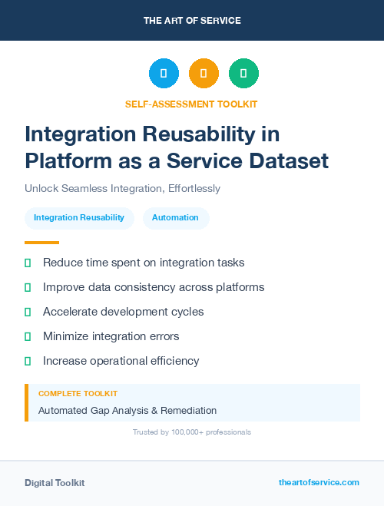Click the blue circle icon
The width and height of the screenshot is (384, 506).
coord(164,73)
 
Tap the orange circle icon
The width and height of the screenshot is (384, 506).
coord(204,73)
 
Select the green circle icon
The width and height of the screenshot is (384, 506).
coord(243,73)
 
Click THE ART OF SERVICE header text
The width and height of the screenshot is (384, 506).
coord(192,21)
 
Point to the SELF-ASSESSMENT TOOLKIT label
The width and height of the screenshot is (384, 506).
coord(191,104)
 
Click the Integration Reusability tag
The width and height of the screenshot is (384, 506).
coord(79,217)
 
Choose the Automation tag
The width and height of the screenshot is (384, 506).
coord(175,217)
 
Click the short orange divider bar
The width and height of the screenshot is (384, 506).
coord(37,242)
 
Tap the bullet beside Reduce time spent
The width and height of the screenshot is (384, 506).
coord(28,263)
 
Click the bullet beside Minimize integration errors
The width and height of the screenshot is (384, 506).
coord(28,336)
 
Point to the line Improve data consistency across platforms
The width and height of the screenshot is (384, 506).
coord(154,287)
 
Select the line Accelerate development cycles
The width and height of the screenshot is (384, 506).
coord(124,312)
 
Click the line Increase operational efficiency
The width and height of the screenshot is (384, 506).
coord(121,361)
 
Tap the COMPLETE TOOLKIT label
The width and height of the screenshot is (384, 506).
coord(78,393)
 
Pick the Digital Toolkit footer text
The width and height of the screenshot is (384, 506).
coord(55,482)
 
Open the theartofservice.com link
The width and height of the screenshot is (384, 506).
coord(319,482)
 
